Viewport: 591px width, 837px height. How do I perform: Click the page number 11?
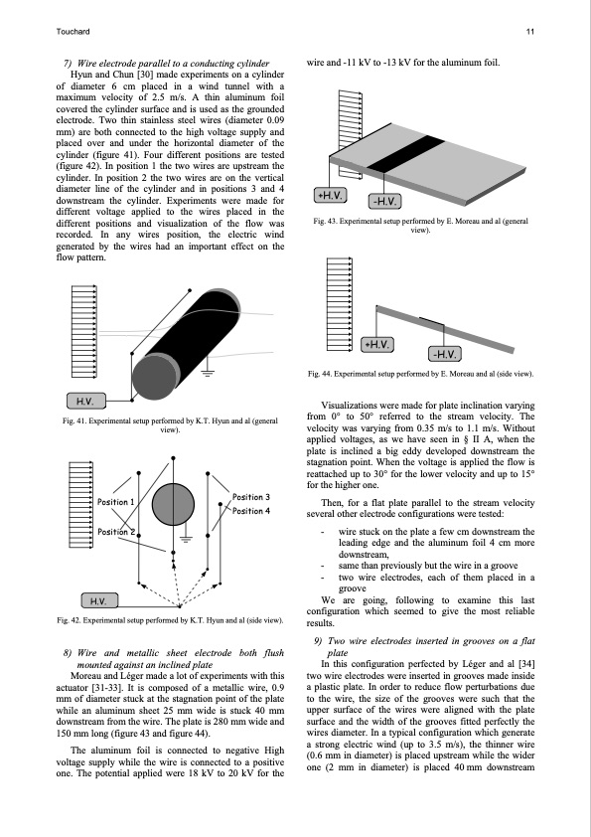pyautogui.click(x=529, y=32)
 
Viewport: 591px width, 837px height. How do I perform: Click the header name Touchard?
pyautogui.click(x=74, y=32)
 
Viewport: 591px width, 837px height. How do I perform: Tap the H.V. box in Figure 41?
pyautogui.click(x=85, y=401)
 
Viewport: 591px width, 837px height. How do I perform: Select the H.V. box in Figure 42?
pyautogui.click(x=99, y=601)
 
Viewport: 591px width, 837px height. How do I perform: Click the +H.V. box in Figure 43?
pyautogui.click(x=330, y=196)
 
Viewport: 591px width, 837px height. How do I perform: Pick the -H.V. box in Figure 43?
pyautogui.click(x=384, y=201)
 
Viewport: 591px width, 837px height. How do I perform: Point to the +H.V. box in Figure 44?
pyautogui.click(x=377, y=345)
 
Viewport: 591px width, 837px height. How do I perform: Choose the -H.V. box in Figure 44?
pyautogui.click(x=444, y=354)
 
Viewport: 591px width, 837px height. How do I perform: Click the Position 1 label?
pyautogui.click(x=116, y=502)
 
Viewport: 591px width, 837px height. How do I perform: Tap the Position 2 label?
pyautogui.click(x=116, y=532)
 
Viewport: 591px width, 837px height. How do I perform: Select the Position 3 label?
pyautogui.click(x=251, y=497)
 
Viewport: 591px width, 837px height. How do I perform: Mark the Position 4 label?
pyautogui.click(x=251, y=511)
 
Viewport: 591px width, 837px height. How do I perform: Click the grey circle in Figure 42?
pyautogui.click(x=173, y=504)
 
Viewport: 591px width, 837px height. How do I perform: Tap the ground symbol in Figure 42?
pyautogui.click(x=186, y=538)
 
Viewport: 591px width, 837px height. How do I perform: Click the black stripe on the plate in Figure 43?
pyautogui.click(x=406, y=154)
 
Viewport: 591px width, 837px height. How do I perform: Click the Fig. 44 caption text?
pyautogui.click(x=420, y=374)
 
